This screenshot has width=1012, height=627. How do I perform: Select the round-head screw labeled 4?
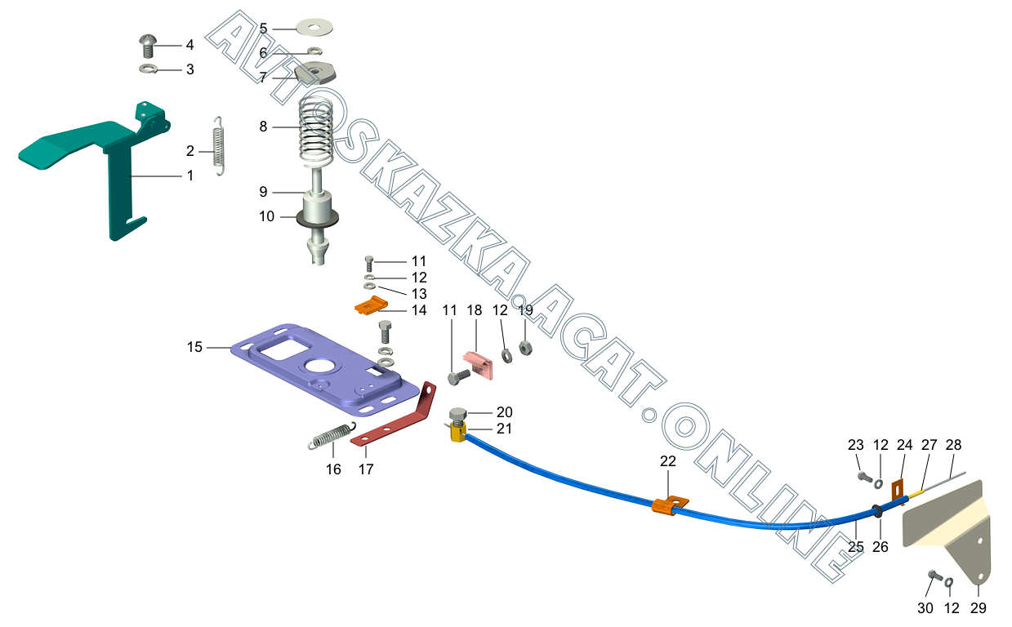coord(149,44)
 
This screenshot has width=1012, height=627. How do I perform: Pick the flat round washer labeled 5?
coord(314,27)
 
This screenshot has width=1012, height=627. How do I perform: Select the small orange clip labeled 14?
coord(369,307)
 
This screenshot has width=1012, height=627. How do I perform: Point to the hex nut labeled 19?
coord(527,349)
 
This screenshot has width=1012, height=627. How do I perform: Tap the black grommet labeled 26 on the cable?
coord(878,511)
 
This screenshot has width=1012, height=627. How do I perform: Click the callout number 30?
coord(925,608)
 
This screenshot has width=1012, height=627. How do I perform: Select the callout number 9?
coord(263,192)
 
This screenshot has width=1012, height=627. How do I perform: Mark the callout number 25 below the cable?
coord(855,547)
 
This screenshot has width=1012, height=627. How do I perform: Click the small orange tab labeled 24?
coord(899,491)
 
